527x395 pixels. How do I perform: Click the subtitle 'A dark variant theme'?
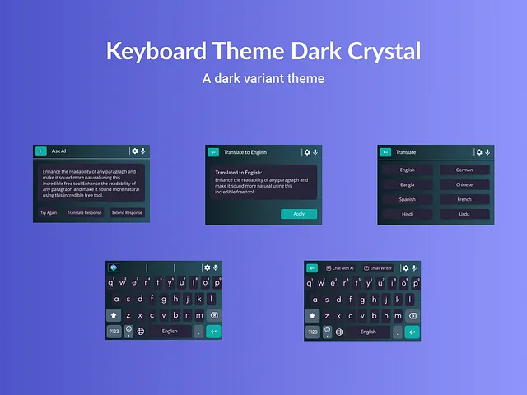263,79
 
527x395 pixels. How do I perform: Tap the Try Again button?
49,212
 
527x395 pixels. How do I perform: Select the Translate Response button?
85,212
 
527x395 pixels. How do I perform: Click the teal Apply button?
299,214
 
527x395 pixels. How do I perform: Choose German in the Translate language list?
464,170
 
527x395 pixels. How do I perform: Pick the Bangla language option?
407,185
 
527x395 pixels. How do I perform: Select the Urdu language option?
464,214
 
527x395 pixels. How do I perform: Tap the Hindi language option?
407,214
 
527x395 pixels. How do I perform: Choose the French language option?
464,199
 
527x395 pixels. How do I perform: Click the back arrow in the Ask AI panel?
41,151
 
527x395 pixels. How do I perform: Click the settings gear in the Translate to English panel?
307,152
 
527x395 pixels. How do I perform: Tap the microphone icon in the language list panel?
487,152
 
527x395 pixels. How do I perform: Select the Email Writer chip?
378,267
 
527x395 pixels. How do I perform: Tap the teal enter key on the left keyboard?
214,332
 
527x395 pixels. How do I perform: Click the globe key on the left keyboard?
140,332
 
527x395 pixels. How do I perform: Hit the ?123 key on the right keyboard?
313,332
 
